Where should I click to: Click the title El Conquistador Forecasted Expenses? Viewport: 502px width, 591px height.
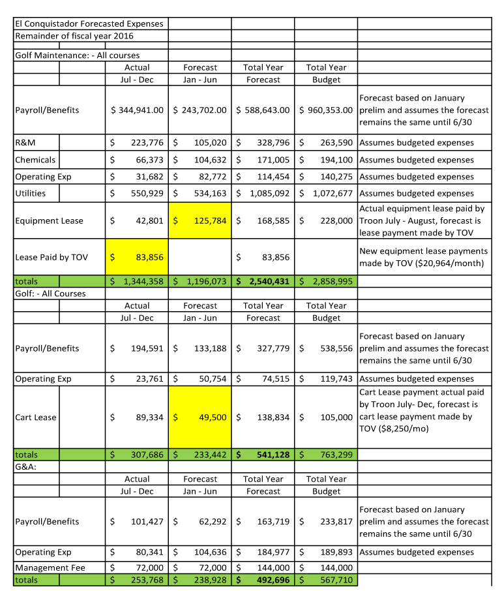[89, 23]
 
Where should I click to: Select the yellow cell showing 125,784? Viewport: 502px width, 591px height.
[210, 220]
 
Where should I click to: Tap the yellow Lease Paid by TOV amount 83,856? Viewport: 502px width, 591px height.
[147, 257]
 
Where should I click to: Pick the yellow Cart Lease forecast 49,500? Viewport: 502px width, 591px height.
[210, 417]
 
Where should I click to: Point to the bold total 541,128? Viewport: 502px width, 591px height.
[273, 455]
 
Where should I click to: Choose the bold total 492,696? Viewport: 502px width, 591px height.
[273, 580]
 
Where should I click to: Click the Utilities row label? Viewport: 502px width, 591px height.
[31, 193]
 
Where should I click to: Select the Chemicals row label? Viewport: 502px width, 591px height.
[35, 160]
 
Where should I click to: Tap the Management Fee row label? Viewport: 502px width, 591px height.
[50, 568]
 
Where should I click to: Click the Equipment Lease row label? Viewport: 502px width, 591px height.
[50, 220]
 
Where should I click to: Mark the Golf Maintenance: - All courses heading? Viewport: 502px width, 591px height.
[77, 55]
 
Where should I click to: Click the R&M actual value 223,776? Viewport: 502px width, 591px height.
[147, 143]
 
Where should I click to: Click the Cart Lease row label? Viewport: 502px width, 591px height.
[36, 417]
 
